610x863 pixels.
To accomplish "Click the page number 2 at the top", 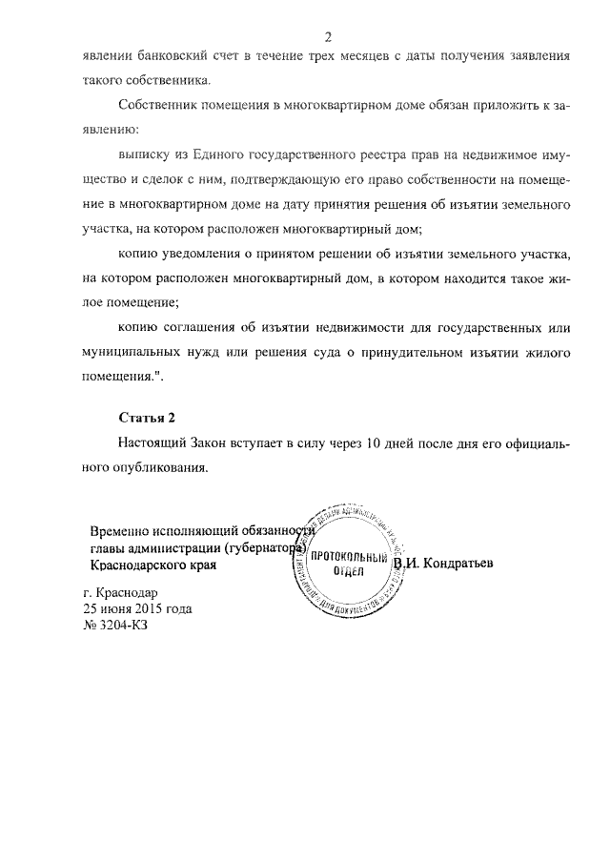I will click(x=328, y=37).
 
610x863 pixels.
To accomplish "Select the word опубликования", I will click(x=156, y=468).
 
